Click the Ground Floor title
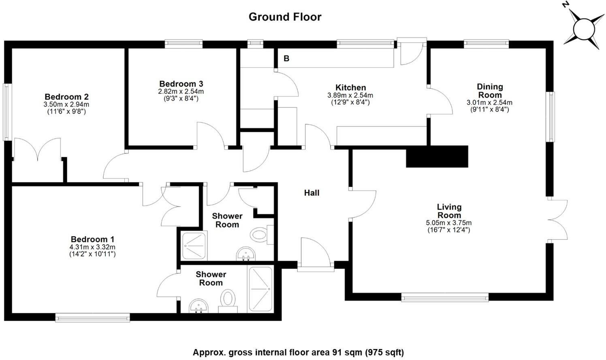coord(285,17)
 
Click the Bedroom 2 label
coord(66,97)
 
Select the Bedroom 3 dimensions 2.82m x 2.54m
coord(181,92)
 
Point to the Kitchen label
coord(350,88)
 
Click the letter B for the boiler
coord(286,59)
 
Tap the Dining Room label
coord(490,91)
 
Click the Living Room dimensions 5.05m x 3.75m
coord(449,223)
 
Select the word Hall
coord(312,193)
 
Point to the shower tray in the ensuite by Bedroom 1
coord(260,289)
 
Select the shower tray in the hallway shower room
coord(194,245)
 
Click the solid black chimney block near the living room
coord(437,156)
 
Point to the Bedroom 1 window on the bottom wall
coord(92,317)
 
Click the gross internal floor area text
coord(298,352)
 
